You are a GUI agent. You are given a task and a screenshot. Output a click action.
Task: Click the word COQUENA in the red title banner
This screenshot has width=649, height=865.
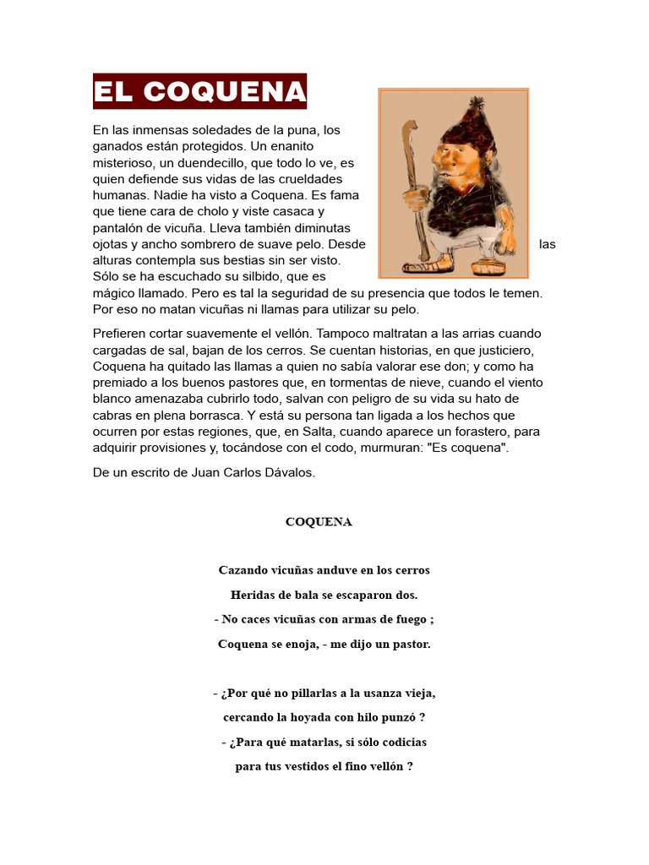pyautogui.click(x=224, y=92)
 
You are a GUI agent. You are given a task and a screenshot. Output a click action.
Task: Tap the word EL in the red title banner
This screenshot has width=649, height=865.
pyautogui.click(x=115, y=92)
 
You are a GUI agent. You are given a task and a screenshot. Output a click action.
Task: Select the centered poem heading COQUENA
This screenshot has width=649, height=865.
pyautogui.click(x=319, y=522)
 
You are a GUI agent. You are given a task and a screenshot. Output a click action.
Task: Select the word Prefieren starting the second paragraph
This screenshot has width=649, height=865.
pyautogui.click(x=120, y=334)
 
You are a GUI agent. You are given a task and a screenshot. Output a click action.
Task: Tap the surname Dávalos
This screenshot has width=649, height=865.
pyautogui.click(x=290, y=473)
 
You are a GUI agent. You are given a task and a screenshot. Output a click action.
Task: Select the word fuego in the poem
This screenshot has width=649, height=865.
pyautogui.click(x=407, y=619)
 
